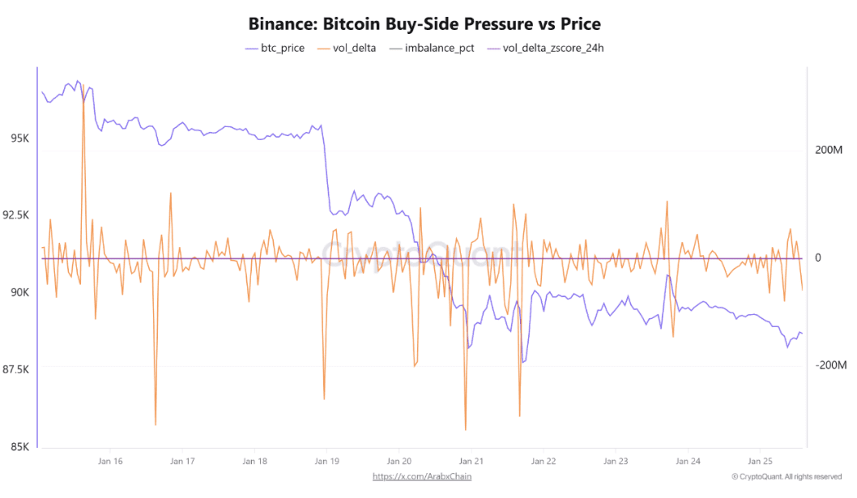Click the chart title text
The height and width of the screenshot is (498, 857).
pyautogui.click(x=424, y=23)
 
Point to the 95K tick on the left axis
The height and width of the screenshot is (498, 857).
pyautogui.click(x=19, y=138)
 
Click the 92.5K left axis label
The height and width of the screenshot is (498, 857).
pyautogui.click(x=16, y=215)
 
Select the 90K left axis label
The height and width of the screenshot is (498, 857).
pyautogui.click(x=19, y=292)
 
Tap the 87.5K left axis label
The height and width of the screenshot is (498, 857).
pyautogui.click(x=16, y=369)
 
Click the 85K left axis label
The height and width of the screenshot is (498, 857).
pyautogui.click(x=19, y=446)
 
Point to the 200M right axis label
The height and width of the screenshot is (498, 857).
pyautogui.click(x=828, y=151)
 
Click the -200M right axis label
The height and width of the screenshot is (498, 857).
pyautogui.click(x=829, y=365)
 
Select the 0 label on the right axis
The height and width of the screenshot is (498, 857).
pyautogui.click(x=819, y=258)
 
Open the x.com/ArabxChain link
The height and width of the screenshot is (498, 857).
pyautogui.click(x=422, y=476)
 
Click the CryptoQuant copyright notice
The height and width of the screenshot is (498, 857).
pyautogui.click(x=786, y=476)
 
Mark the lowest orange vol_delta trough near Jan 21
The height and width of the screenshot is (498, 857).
pyautogui.click(x=466, y=430)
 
